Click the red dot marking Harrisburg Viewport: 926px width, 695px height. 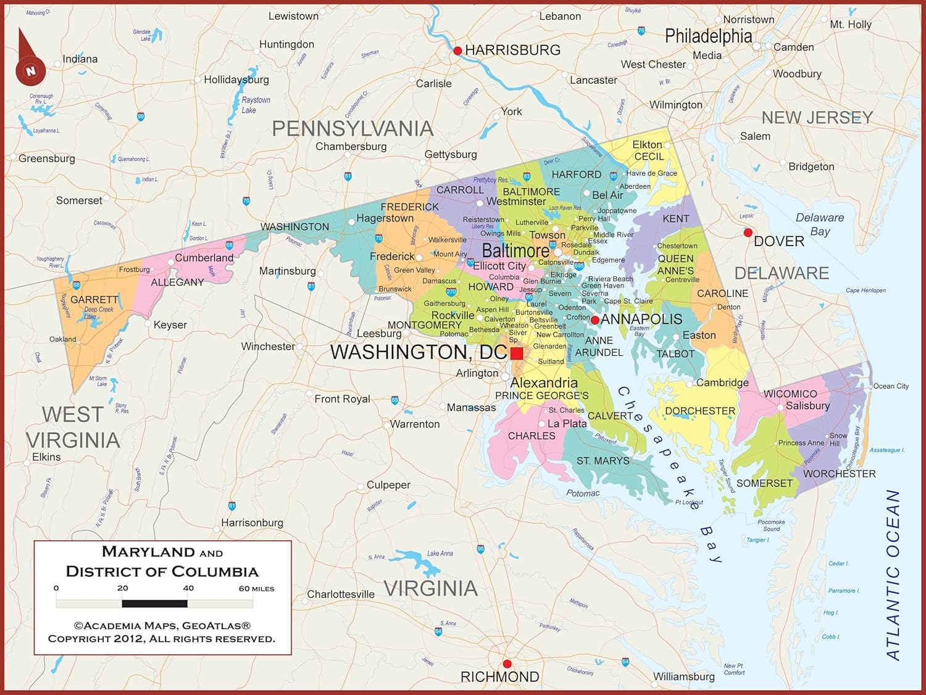[457, 51]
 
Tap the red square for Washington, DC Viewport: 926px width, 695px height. [517, 353]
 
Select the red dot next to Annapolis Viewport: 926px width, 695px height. [595, 320]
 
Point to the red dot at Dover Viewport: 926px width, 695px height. [748, 232]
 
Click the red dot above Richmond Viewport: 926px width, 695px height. [507, 664]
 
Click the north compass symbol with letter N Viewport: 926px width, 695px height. [30, 70]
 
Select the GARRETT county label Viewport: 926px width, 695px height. [94, 300]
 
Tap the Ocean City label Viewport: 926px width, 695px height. [891, 386]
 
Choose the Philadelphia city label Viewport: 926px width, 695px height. [708, 36]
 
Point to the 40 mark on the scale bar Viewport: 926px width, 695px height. [188, 588]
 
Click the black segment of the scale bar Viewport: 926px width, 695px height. [154, 604]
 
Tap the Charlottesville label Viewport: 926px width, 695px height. [341, 594]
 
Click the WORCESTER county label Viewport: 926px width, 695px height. [839, 474]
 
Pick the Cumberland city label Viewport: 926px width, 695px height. [204, 258]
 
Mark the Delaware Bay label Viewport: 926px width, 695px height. [820, 224]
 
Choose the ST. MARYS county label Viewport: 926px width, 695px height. [603, 461]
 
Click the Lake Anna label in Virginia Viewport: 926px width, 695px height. [440, 553]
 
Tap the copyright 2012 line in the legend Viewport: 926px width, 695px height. [162, 639]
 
